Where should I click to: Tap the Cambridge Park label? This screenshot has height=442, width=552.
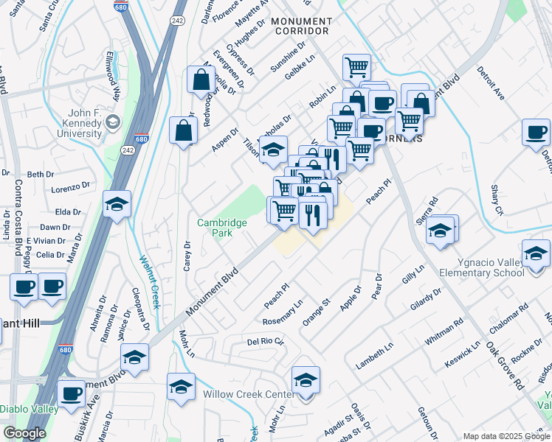click(x=215, y=228)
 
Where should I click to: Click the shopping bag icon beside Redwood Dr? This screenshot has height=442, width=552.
click(x=201, y=80)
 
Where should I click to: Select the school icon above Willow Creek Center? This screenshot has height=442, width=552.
click(x=306, y=380)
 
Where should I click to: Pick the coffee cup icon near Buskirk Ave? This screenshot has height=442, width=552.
click(x=72, y=393)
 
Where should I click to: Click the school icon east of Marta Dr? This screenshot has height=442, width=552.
click(x=117, y=204)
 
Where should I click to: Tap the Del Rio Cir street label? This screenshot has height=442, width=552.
click(x=265, y=342)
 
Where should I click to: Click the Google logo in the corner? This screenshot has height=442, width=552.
click(x=24, y=433)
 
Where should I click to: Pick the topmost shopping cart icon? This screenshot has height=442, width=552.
click(x=356, y=66)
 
